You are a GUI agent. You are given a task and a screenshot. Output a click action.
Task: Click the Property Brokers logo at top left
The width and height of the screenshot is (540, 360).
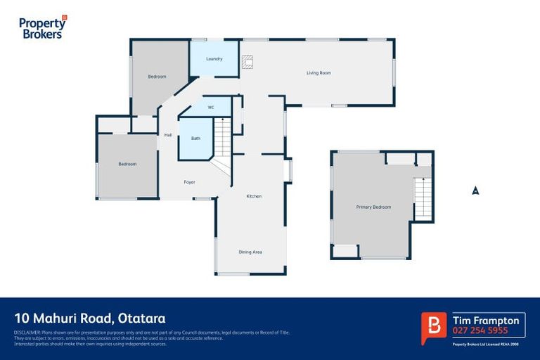[43, 27]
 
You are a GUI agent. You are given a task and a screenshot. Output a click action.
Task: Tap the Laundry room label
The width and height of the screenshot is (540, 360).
[214, 59]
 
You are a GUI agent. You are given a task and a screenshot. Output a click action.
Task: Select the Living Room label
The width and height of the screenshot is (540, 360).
[319, 73]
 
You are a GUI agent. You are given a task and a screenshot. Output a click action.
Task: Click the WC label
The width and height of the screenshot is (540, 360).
[210, 107]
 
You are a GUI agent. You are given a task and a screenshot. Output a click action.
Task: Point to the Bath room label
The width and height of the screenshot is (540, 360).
[195, 139]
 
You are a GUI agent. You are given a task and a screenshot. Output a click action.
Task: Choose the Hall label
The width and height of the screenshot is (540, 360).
[168, 135]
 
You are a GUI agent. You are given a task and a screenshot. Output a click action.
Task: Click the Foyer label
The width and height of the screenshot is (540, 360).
[189, 182]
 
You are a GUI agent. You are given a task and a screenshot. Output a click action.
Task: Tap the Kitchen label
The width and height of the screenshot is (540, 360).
[254, 196]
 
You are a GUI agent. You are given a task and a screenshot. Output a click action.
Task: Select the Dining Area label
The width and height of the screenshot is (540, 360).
[250, 252]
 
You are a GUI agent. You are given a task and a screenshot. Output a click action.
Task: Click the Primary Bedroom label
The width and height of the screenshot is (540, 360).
[373, 207]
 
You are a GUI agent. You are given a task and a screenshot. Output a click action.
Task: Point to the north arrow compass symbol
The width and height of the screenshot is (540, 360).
[475, 190]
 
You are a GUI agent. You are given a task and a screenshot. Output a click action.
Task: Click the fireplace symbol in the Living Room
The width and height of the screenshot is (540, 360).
[246, 61]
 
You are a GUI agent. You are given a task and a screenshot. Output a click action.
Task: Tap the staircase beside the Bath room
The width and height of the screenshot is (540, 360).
[221, 137]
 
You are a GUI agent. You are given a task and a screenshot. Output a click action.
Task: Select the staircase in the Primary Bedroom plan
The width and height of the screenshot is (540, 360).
[422, 198]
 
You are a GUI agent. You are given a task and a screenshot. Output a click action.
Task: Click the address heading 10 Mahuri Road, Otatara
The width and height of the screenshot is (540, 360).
[89, 319]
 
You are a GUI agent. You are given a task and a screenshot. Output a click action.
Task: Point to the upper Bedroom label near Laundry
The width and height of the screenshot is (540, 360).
[157, 76]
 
